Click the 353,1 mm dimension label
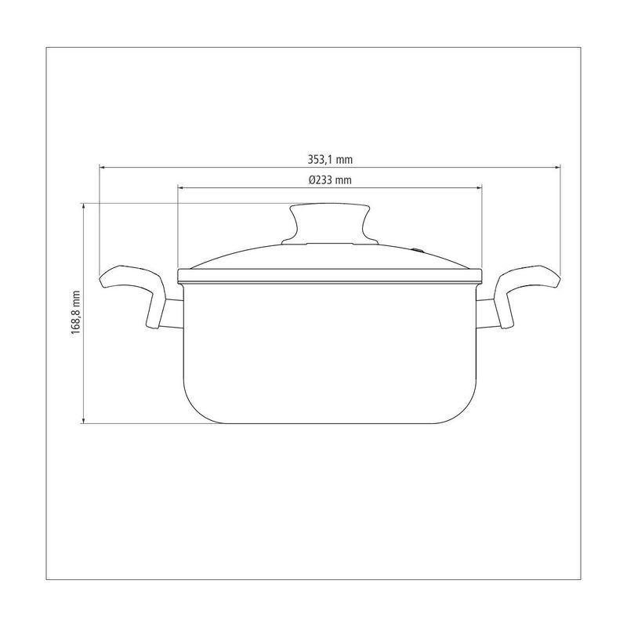(x=330, y=158)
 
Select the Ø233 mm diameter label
(x=329, y=179)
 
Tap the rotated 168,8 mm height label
(x=76, y=313)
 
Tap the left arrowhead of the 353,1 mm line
(x=102, y=166)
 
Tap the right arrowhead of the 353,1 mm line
(x=559, y=166)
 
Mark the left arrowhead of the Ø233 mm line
(x=181, y=187)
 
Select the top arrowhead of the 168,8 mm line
(x=83, y=205)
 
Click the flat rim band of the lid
(x=330, y=274)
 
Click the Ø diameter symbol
(x=312, y=179)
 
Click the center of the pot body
(x=330, y=353)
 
